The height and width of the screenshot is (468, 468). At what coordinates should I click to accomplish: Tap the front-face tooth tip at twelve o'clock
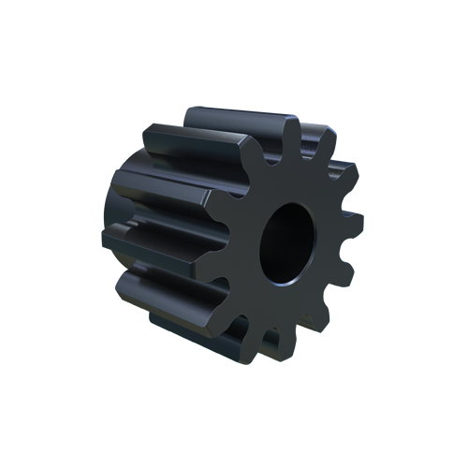[x=292, y=131]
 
